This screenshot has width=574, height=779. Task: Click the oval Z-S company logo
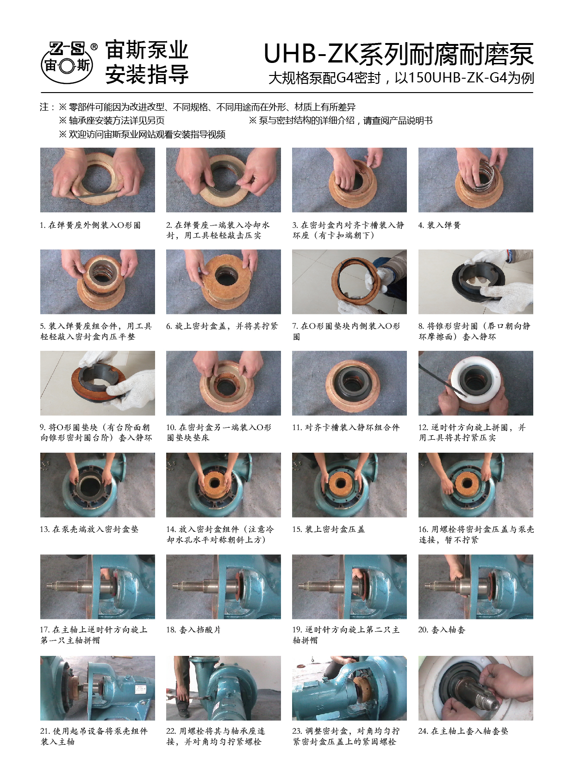click(67, 62)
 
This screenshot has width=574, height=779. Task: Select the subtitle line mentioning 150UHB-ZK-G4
click(401, 78)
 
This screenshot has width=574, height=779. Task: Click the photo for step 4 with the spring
click(475, 180)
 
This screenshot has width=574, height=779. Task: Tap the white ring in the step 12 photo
click(475, 377)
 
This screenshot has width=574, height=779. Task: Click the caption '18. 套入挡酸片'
click(193, 630)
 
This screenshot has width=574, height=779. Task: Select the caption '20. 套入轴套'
click(442, 630)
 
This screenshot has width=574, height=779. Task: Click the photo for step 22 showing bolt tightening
click(223, 688)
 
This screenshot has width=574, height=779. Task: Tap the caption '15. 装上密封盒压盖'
click(328, 530)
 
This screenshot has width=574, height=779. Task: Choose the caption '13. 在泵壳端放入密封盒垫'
click(89, 530)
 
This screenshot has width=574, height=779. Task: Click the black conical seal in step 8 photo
click(479, 284)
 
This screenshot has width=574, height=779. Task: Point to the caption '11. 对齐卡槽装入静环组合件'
click(346, 427)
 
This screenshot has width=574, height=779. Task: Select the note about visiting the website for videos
click(142, 134)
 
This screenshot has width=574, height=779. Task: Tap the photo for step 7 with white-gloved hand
click(349, 282)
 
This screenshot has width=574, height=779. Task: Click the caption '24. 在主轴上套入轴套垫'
click(463, 731)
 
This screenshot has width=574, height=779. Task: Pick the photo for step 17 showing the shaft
click(97, 587)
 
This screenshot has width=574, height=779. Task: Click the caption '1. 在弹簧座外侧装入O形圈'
click(90, 225)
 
